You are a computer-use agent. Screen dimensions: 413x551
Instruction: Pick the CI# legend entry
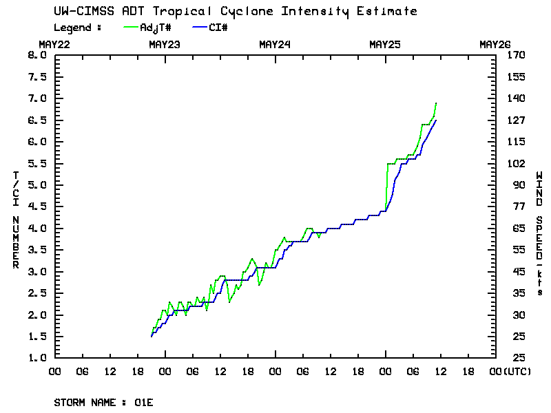click(x=218, y=28)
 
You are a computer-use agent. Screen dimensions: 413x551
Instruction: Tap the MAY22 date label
click(x=54, y=45)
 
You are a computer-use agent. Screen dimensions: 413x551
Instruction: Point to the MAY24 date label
click(x=275, y=45)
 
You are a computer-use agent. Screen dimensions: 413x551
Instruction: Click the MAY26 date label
click(x=495, y=45)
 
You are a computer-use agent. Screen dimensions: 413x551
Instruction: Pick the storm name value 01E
click(x=144, y=402)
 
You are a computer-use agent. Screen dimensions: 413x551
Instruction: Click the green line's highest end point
click(x=436, y=103)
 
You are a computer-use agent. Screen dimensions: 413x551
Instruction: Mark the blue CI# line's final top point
click(x=436, y=120)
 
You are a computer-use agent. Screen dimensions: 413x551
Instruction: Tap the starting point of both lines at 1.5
click(x=152, y=336)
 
